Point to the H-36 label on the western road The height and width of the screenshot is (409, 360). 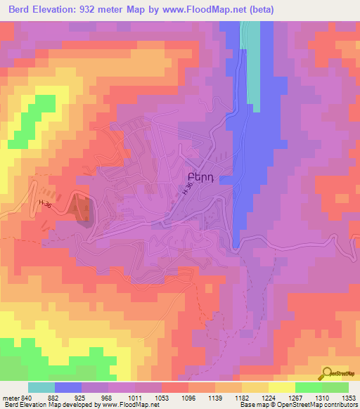coord(46,204)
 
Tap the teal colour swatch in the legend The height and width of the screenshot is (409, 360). coord(41,387)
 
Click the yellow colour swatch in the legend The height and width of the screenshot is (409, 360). coord(281,387)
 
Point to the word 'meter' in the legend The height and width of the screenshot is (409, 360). coord(10,399)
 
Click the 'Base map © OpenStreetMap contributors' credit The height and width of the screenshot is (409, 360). coord(298,405)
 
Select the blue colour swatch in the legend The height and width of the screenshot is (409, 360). coord(68,387)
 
